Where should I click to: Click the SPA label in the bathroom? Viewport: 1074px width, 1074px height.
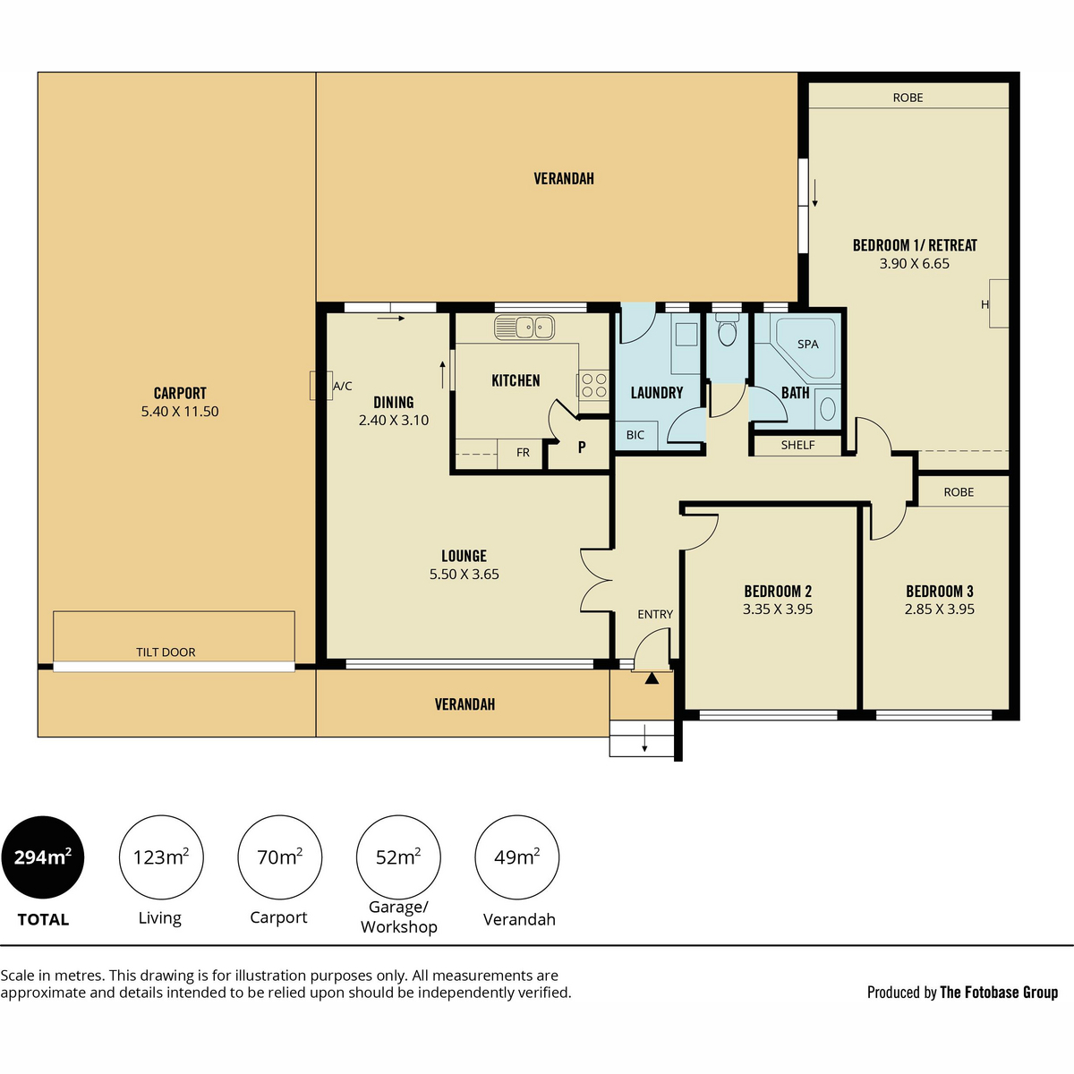(807, 345)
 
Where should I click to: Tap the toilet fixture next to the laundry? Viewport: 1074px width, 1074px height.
(727, 331)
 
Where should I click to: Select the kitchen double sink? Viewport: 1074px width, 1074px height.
(524, 328)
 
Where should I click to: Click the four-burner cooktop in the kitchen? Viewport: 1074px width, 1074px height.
(593, 385)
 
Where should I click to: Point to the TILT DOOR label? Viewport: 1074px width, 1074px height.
(166, 652)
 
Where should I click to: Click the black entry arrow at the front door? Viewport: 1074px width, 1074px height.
(652, 678)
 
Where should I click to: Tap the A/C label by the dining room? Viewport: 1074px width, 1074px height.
(343, 386)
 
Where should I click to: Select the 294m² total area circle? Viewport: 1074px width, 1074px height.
(43, 857)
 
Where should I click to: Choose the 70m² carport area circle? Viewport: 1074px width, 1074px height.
(280, 857)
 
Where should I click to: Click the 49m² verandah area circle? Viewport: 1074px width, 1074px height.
(517, 857)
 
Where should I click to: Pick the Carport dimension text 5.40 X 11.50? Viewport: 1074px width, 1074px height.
(180, 412)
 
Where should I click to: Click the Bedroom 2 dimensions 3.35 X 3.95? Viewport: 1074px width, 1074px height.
(778, 609)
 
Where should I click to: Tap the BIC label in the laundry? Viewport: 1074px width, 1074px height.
(635, 435)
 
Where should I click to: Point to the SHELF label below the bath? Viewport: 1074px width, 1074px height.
(797, 445)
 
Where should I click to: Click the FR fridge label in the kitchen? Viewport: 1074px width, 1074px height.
(523, 453)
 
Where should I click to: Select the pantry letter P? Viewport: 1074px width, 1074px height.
(582, 447)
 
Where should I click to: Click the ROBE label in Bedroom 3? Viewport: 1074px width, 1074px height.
(959, 492)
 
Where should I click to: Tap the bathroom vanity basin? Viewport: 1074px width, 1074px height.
(828, 408)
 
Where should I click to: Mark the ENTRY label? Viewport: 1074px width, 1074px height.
(655, 614)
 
